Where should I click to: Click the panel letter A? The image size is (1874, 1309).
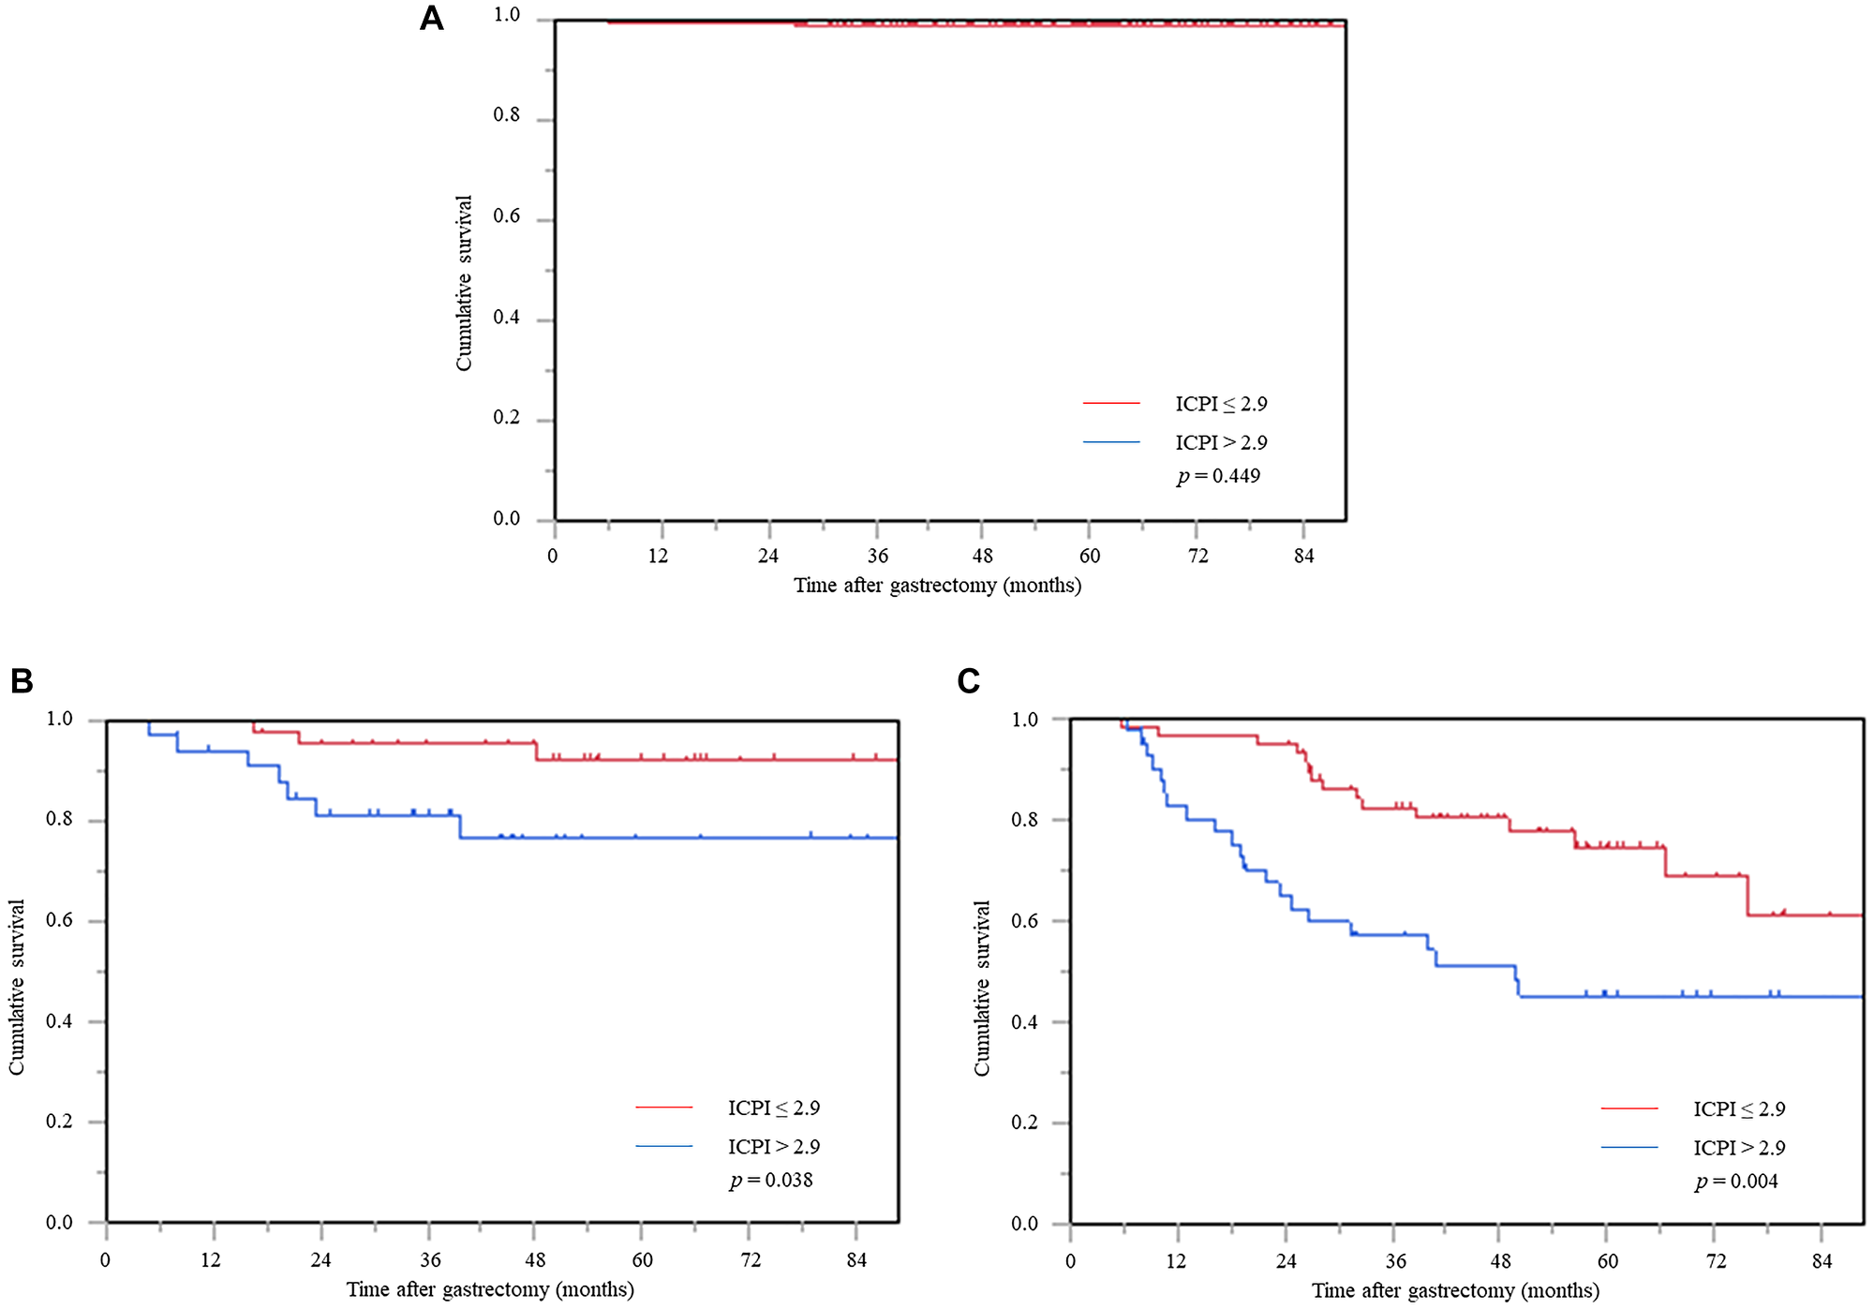[431, 19]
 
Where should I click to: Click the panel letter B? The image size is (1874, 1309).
[22, 681]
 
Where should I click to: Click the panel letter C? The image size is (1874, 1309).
[969, 681]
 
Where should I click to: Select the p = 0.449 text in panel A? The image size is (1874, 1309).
[1218, 476]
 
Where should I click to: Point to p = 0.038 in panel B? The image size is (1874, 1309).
[771, 1181]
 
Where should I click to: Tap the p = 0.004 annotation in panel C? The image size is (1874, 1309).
[1736, 1182]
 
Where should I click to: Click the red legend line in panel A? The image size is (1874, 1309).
[1111, 403]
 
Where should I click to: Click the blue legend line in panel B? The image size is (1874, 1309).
[663, 1146]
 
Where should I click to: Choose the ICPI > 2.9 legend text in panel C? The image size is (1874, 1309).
[1739, 1148]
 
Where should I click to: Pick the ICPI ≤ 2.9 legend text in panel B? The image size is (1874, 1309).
[774, 1108]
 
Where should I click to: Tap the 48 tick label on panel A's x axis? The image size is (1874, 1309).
[982, 557]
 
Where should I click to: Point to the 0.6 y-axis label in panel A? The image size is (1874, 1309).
[507, 216]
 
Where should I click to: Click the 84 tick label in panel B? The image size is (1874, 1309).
[856, 1260]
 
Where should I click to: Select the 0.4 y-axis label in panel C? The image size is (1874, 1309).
[1025, 1022]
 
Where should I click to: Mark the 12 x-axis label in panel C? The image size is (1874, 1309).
[1175, 1261]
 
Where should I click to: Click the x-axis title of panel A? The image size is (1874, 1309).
[937, 586]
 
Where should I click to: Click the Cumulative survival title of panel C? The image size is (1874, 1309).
[981, 989]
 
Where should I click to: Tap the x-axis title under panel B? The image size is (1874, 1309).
[490, 1289]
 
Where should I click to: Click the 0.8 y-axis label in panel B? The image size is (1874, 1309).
[59, 820]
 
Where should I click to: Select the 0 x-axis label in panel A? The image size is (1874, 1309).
[553, 557]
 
